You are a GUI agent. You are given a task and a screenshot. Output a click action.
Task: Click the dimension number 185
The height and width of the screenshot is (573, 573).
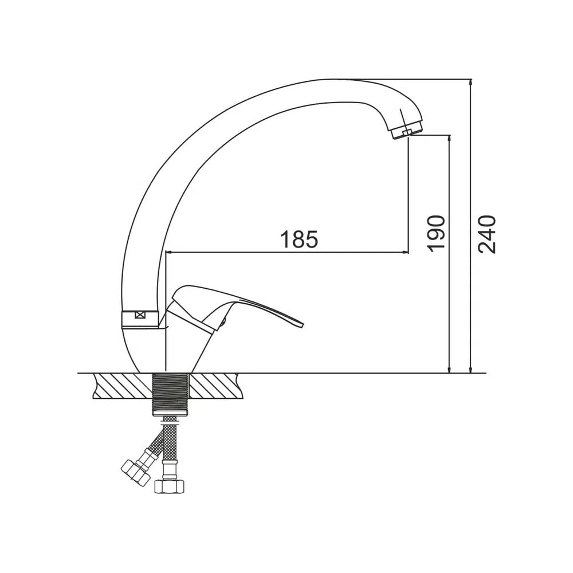click(x=299, y=239)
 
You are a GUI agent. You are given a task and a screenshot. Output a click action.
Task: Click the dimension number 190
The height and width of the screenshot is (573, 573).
click(x=436, y=233)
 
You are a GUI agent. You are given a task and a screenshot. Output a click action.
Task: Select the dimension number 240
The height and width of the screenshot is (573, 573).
click(x=486, y=234)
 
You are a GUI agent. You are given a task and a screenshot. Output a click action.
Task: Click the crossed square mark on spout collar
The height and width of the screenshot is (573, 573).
click(x=140, y=314)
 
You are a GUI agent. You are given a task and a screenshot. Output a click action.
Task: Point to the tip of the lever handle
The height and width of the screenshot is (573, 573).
click(x=303, y=324)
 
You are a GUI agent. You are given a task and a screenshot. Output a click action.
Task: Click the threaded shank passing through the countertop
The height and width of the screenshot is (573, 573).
click(x=171, y=394)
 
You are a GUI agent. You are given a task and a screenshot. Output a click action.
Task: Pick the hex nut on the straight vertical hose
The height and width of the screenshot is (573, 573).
click(x=169, y=486)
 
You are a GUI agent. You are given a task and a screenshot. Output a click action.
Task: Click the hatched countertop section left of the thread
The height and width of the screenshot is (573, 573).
click(x=122, y=386)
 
